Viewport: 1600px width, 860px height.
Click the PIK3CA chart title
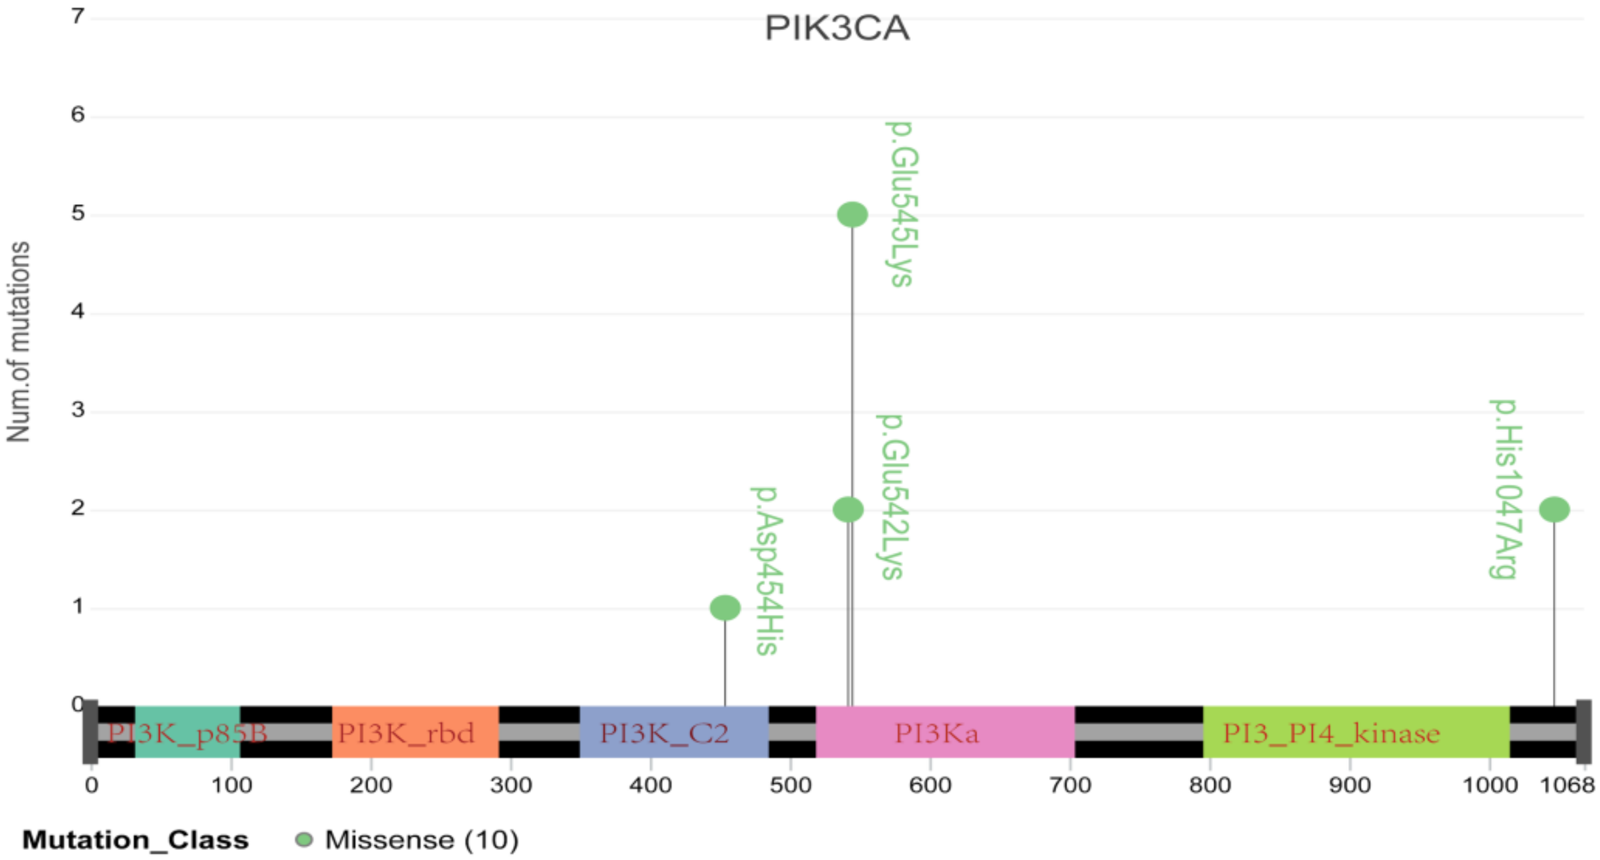click(x=836, y=28)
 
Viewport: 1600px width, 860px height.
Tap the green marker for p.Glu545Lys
click(x=852, y=214)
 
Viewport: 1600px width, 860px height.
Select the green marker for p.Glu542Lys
click(x=848, y=510)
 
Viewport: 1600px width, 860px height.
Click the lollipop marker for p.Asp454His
click(x=725, y=607)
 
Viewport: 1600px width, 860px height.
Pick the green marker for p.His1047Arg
click(x=1554, y=510)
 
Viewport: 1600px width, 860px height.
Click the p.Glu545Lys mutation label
click(x=901, y=204)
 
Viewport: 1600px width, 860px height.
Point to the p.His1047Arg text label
click(x=1506, y=490)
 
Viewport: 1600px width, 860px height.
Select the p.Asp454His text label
click(x=768, y=570)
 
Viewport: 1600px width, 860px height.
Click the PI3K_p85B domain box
click(x=187, y=732)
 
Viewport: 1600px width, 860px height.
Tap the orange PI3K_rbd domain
click(x=415, y=732)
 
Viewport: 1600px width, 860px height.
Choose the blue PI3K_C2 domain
click(x=674, y=732)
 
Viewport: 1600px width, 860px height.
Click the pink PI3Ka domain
click(x=945, y=732)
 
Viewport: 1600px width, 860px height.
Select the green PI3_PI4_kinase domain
click(x=1356, y=732)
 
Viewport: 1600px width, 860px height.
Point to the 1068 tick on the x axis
click(x=1566, y=785)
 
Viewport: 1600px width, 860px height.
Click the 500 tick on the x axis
click(x=790, y=785)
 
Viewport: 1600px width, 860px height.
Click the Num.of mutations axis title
click(x=19, y=342)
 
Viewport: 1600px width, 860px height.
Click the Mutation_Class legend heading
click(x=135, y=840)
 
